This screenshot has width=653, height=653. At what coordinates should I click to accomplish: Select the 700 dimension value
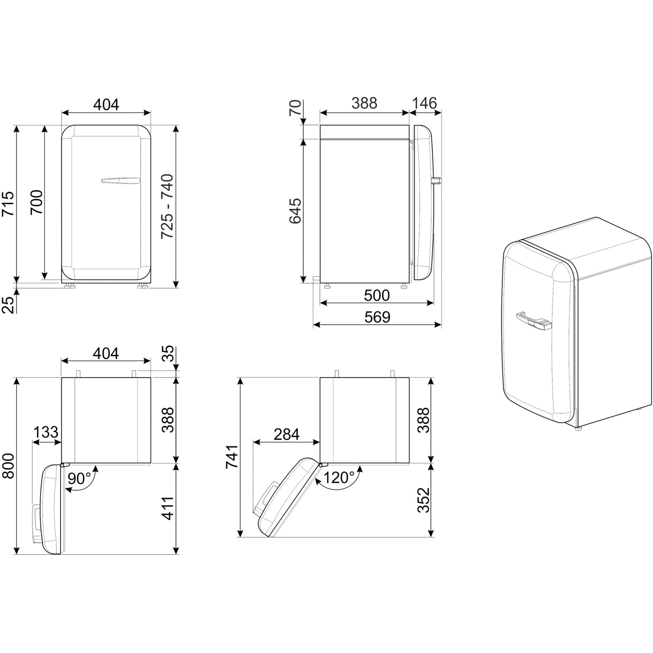click(x=37, y=202)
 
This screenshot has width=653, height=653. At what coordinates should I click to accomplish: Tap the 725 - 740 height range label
click(x=167, y=206)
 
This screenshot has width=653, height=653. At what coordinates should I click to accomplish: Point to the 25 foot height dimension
click(x=9, y=304)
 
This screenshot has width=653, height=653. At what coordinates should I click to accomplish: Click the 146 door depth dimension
click(x=424, y=103)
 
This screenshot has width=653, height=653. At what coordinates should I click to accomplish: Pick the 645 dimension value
click(x=296, y=211)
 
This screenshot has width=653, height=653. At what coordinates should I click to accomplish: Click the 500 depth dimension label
click(x=377, y=296)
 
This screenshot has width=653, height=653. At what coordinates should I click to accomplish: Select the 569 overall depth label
click(x=377, y=317)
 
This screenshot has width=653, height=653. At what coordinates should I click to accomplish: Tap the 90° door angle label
click(x=79, y=479)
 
